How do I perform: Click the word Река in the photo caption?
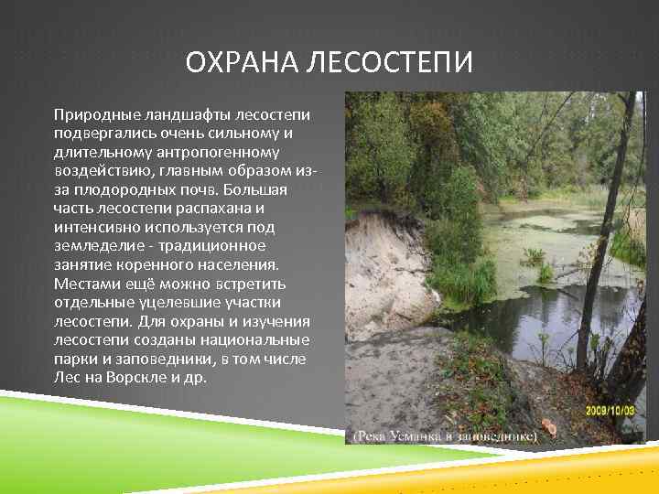point(372,437)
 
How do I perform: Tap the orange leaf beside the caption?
point(550,426)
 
